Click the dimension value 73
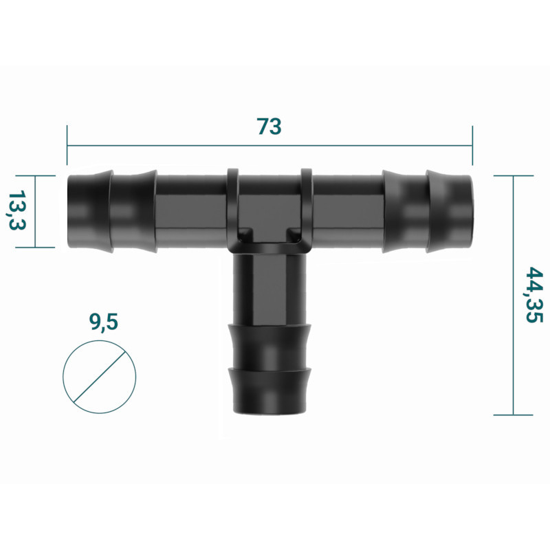(x=269, y=127)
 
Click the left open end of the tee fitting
(x=69, y=211)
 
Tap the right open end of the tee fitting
(x=470, y=211)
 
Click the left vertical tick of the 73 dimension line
(x=67, y=146)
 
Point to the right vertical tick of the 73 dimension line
(x=473, y=146)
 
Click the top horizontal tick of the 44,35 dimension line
(x=513, y=176)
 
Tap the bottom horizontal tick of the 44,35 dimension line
(x=513, y=415)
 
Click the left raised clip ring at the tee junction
(x=232, y=206)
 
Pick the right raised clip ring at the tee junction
(x=306, y=206)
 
